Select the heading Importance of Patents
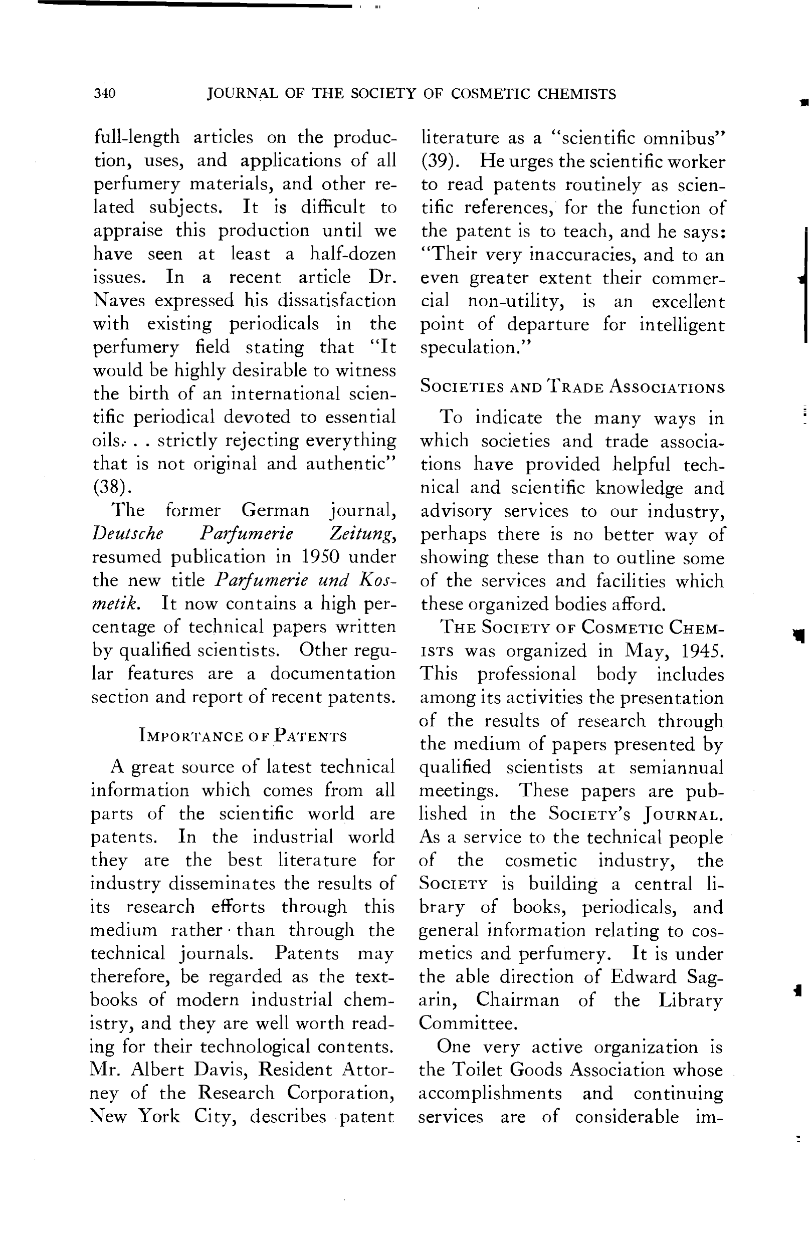click(243, 736)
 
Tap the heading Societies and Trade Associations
click(572, 387)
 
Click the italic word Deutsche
click(127, 534)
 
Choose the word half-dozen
click(353, 254)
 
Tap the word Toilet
click(477, 1070)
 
